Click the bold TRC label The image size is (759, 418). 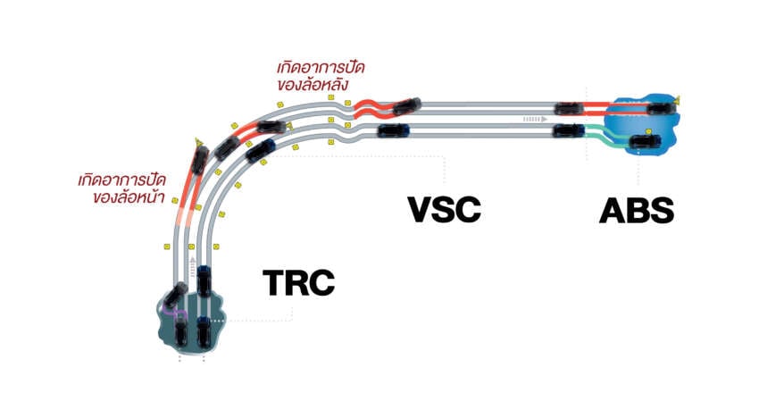298,282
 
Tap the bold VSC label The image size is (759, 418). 445,209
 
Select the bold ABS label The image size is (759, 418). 637,211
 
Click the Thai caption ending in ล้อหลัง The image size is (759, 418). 321,76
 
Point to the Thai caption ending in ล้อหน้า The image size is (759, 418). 122,188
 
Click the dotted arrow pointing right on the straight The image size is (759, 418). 534,119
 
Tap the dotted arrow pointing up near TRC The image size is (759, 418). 193,267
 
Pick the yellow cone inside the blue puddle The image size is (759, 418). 648,131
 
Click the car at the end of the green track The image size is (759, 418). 645,142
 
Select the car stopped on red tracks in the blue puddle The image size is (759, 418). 661,108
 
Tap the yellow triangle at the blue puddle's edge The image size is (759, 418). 677,100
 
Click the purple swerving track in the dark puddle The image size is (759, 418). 173,312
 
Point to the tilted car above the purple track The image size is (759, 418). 175,295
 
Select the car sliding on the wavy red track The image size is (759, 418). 406,106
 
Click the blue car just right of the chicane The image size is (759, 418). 393,130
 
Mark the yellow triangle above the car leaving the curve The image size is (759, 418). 198,142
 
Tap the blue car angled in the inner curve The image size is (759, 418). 261,150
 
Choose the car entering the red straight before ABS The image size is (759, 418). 569,108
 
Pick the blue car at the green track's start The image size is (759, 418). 569,130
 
